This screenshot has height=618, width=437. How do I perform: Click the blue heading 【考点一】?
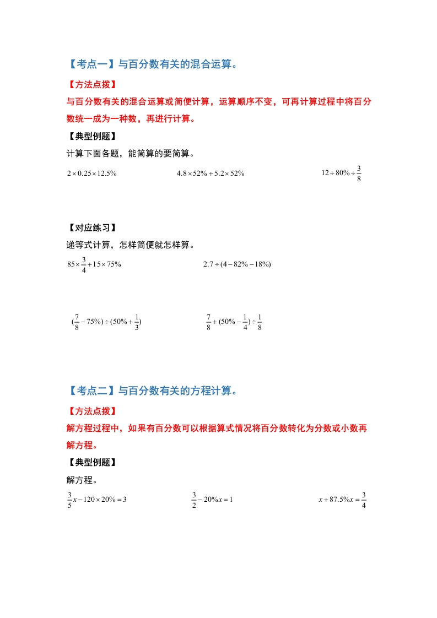90,65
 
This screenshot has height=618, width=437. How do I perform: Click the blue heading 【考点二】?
90,391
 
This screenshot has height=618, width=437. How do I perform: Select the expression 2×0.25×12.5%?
91,173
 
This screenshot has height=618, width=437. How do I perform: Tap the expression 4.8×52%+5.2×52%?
211,173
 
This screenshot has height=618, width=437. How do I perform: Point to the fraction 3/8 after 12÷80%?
359,173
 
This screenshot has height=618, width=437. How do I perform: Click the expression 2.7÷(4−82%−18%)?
237,264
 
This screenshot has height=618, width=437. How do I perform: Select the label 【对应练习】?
91,228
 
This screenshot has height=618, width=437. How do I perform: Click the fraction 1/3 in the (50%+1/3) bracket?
136,322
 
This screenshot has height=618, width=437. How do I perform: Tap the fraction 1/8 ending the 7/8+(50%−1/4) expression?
259,322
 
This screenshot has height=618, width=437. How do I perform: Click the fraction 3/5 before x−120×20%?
69,500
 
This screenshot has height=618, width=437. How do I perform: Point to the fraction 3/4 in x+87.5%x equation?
364,500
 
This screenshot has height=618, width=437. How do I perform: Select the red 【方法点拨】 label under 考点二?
91,411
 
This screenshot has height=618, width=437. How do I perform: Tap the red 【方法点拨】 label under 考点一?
91,85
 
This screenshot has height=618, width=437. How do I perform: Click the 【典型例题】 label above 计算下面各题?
91,137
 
